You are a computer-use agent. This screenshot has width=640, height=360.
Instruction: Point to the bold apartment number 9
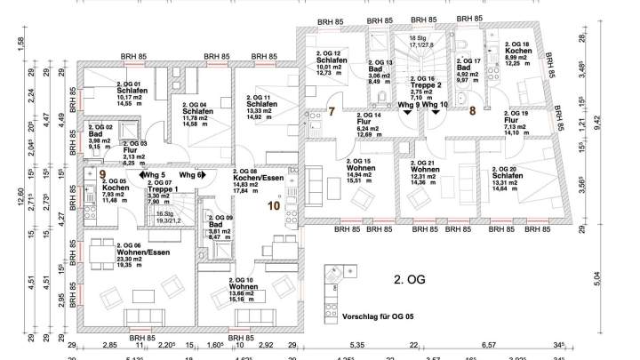click(x=103, y=174)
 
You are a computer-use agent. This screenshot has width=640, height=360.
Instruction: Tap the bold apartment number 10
click(x=272, y=205)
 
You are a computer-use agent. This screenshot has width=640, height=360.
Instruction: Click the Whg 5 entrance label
click(x=157, y=175)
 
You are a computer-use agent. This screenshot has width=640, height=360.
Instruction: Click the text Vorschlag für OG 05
click(x=382, y=316)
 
